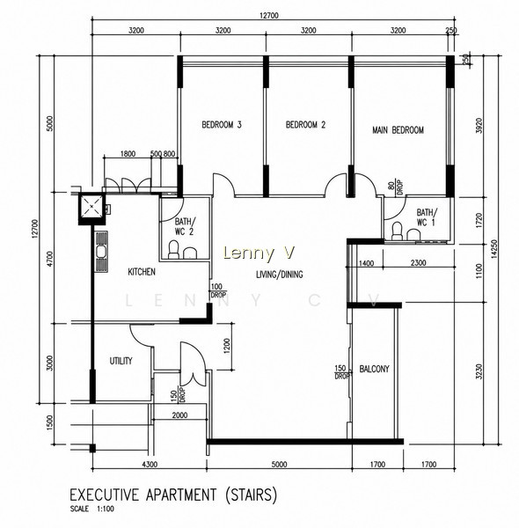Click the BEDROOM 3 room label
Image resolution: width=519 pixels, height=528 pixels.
pyautogui.click(x=222, y=125)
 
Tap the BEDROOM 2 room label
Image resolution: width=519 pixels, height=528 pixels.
pyautogui.click(x=305, y=125)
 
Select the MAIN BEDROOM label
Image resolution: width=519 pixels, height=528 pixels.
pyautogui.click(x=398, y=130)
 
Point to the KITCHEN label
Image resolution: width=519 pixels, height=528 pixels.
pyautogui.click(x=142, y=272)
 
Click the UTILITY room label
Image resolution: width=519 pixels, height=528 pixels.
pyautogui.click(x=121, y=361)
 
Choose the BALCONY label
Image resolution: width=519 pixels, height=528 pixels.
pyautogui.click(x=374, y=369)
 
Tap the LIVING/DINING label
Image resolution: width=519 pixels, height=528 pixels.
pyautogui.click(x=280, y=275)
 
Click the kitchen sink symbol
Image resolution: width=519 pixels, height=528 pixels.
pyautogui.click(x=101, y=252)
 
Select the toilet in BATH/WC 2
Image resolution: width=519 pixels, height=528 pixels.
pyautogui.click(x=173, y=250)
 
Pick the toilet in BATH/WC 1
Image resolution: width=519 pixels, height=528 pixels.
pyautogui.click(x=397, y=231)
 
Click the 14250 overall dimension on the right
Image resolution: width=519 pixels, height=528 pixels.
pyautogui.click(x=493, y=249)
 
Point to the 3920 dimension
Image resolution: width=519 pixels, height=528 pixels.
pyautogui.click(x=479, y=126)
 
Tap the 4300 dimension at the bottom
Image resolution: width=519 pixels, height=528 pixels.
pyautogui.click(x=150, y=465)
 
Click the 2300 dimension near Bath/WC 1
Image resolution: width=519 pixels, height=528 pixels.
pyautogui.click(x=419, y=263)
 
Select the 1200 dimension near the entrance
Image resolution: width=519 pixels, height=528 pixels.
pyautogui.click(x=227, y=346)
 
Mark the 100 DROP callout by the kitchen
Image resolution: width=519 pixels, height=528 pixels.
pyautogui.click(x=218, y=290)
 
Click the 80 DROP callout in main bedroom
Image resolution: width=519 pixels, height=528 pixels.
pyautogui.click(x=395, y=187)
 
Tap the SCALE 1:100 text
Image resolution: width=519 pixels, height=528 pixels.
pyautogui.click(x=91, y=509)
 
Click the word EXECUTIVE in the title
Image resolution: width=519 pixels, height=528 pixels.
pyautogui.click(x=104, y=495)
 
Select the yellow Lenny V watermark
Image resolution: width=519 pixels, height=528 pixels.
pyautogui.click(x=259, y=253)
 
